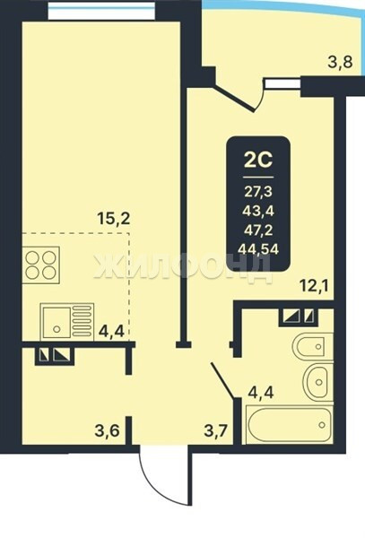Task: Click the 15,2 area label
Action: [x=114, y=218]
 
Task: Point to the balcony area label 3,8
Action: [x=340, y=63]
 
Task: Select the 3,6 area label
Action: [x=108, y=430]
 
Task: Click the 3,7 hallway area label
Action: [x=216, y=430]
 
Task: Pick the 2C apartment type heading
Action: [x=258, y=160]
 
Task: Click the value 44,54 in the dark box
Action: [x=258, y=248]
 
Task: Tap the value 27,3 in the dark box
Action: [x=258, y=192]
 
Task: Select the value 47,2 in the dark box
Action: [x=258, y=230]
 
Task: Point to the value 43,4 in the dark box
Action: [x=258, y=211]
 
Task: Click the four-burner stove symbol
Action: [x=41, y=265]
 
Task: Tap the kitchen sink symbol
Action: [x=67, y=322]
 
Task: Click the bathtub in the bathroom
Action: [x=289, y=424]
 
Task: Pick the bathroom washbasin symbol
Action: [x=318, y=382]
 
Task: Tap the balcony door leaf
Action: [x=235, y=98]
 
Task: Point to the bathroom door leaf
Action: [x=223, y=380]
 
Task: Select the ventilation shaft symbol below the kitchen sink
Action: [x=54, y=355]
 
